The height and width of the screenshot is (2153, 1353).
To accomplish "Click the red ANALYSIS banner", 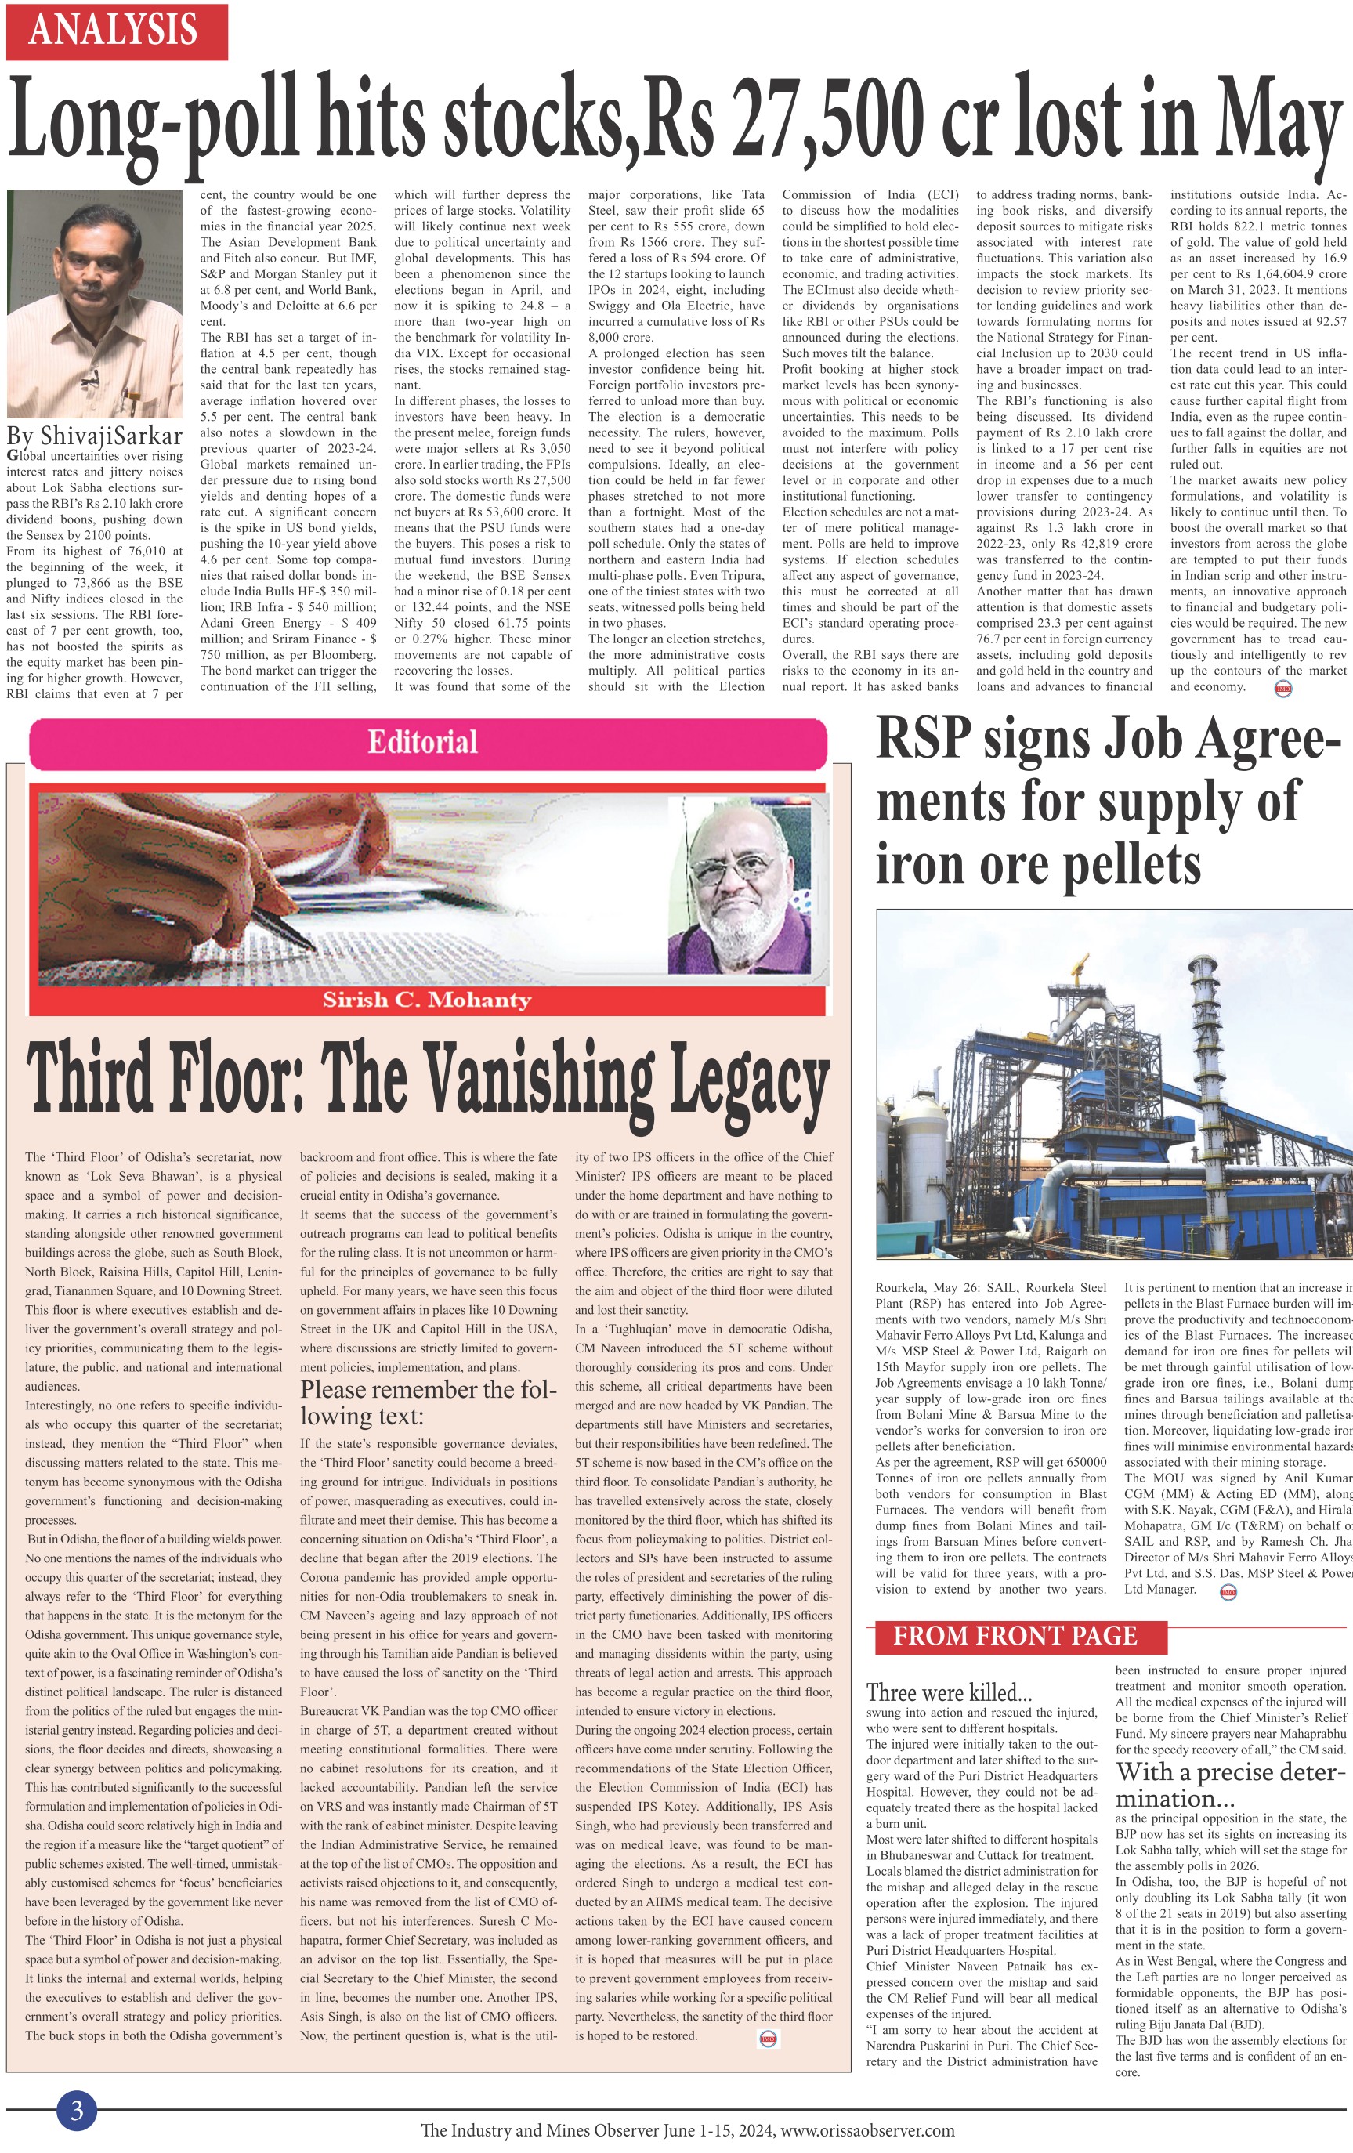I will point(116,31).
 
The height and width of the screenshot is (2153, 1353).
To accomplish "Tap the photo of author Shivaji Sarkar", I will point(94,303).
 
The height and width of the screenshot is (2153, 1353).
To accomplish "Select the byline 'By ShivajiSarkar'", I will point(95,436).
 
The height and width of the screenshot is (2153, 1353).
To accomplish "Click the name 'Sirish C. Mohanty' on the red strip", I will point(428,1000).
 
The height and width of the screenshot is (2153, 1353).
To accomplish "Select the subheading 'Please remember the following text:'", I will point(428,1402).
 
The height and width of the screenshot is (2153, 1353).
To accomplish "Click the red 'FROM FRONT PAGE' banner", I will point(1016,1636).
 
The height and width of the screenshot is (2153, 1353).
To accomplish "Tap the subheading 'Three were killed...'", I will point(949,1692).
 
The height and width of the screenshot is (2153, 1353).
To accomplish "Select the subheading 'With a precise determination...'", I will point(1229,1784).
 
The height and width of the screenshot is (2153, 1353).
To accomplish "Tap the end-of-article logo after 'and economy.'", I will point(1282,689).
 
